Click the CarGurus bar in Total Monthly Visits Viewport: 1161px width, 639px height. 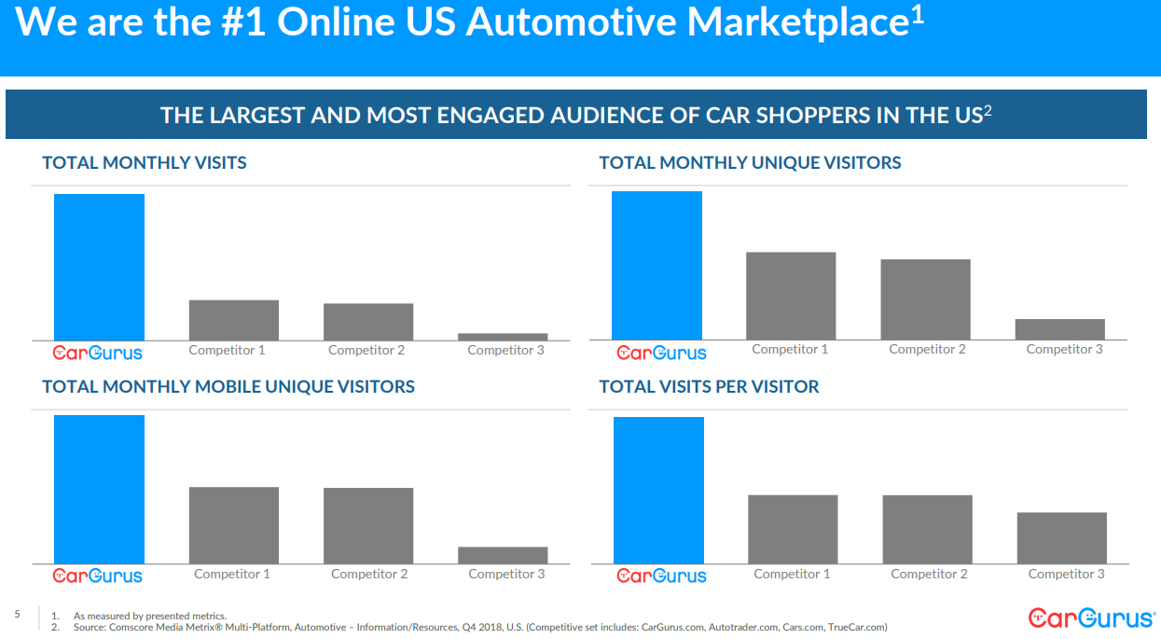(99, 267)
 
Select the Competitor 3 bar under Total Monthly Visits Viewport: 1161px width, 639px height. (503, 337)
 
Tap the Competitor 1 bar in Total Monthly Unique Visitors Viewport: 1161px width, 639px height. (791, 296)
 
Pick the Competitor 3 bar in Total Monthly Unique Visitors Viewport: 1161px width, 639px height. (1059, 329)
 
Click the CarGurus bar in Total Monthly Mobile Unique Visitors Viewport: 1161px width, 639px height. (99, 489)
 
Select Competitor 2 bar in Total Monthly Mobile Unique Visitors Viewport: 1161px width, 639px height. (368, 525)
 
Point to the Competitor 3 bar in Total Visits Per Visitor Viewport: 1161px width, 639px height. (1061, 538)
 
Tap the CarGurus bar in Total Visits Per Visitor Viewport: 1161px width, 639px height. (658, 490)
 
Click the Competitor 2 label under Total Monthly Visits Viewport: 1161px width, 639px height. (366, 351)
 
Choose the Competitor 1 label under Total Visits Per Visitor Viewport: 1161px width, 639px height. (792, 575)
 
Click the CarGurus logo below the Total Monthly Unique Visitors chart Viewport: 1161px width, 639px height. (662, 353)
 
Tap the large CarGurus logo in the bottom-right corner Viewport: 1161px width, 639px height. (1091, 618)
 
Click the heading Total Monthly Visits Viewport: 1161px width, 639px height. (145, 163)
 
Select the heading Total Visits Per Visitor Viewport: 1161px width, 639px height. (709, 386)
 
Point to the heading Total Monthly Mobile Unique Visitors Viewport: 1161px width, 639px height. (228, 386)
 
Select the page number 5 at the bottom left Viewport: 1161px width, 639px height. (17, 614)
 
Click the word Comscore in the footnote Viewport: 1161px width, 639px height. (133, 628)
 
